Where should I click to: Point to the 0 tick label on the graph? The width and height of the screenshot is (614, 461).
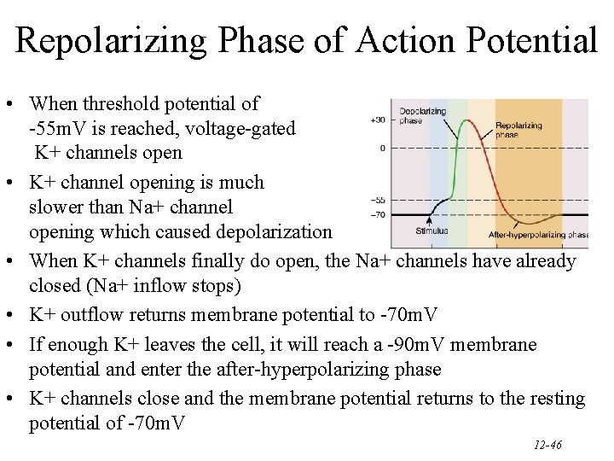click(383, 148)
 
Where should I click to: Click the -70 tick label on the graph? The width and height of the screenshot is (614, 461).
click(378, 214)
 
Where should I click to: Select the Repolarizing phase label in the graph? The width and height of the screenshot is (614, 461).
click(518, 130)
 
